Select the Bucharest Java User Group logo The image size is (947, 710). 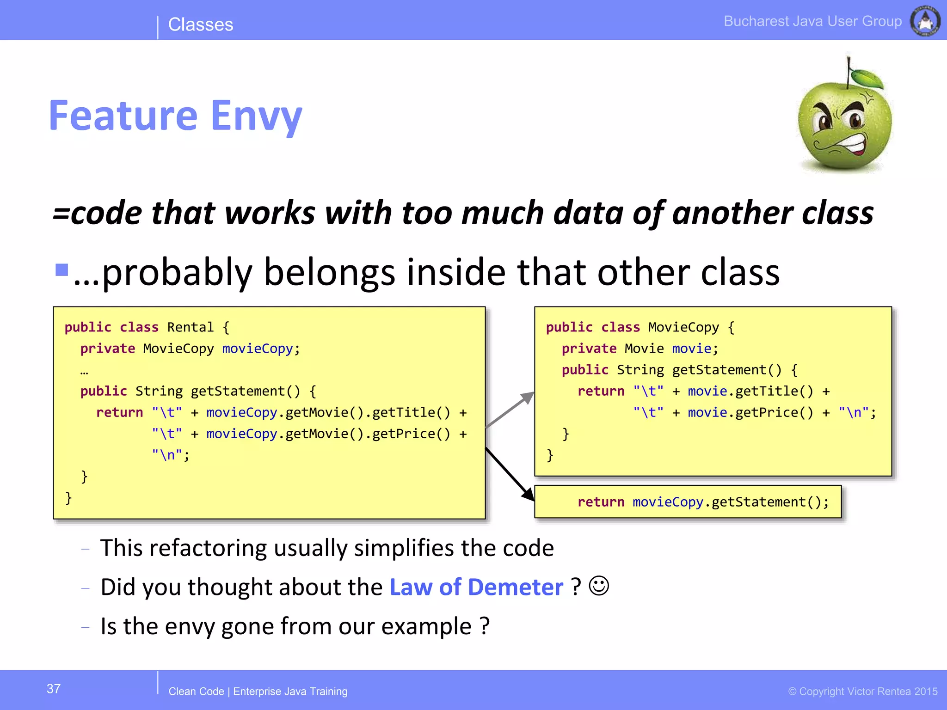(925, 21)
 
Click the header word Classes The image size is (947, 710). (200, 24)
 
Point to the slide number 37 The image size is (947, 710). (54, 689)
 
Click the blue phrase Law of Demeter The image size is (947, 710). (476, 587)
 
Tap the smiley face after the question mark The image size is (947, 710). (599, 586)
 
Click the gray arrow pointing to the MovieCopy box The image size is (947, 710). (511, 409)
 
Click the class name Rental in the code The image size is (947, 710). (190, 327)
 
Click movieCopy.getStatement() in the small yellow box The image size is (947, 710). (731, 502)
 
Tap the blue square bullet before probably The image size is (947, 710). (61, 269)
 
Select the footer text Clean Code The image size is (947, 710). (196, 692)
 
